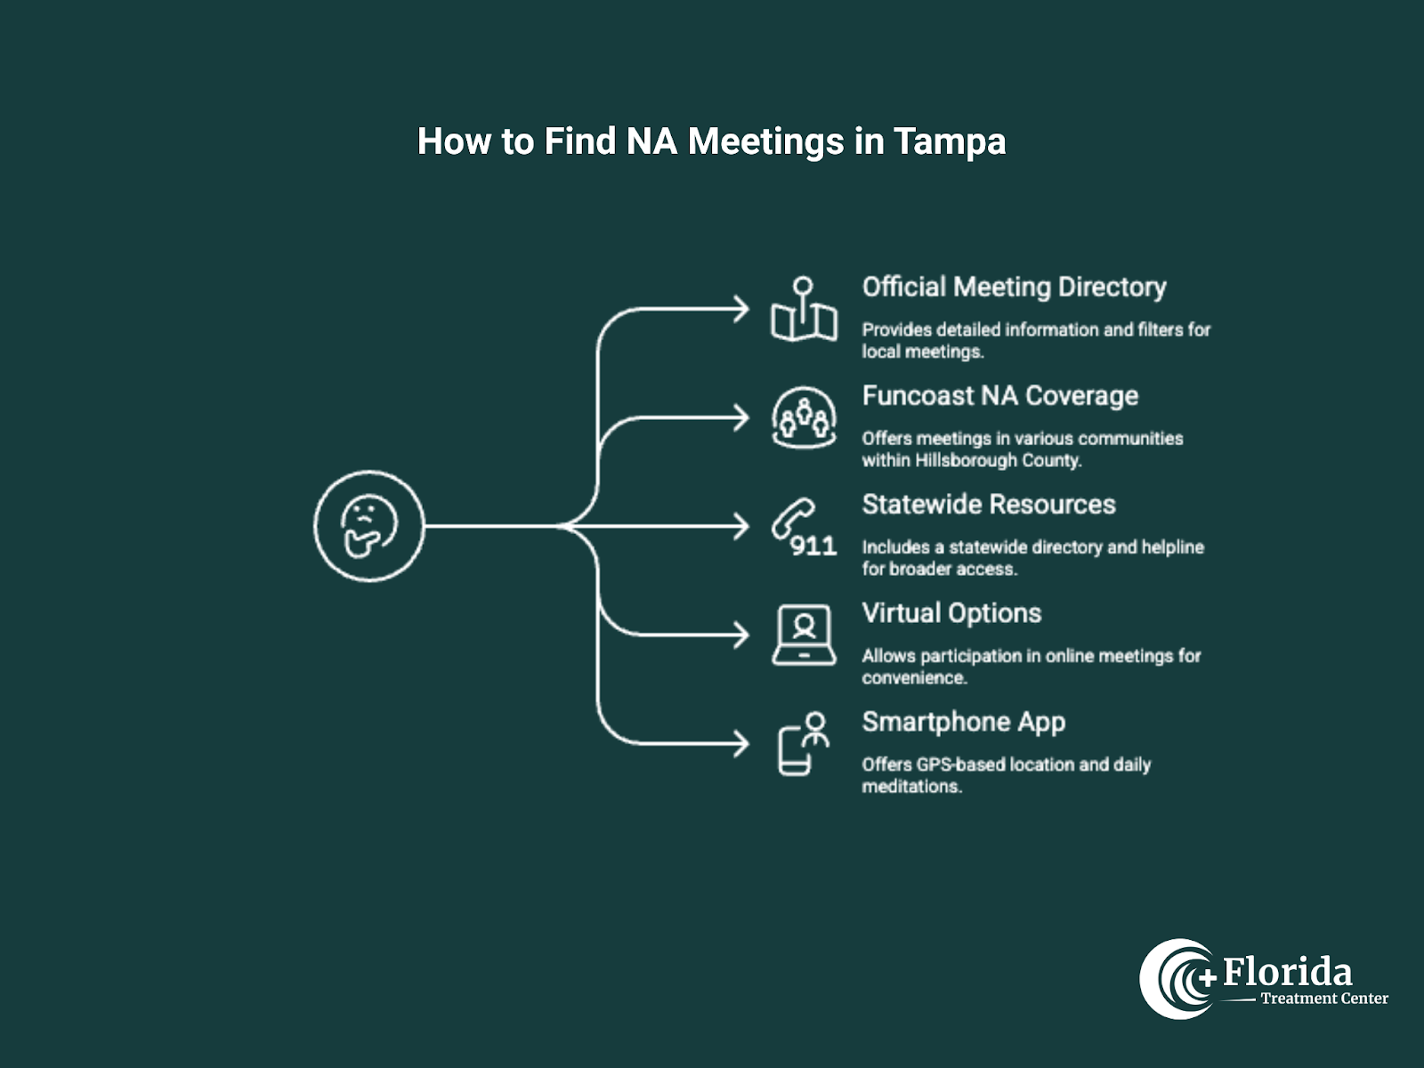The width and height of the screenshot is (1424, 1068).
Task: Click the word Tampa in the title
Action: (949, 142)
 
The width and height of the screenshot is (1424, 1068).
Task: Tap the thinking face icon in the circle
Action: (369, 527)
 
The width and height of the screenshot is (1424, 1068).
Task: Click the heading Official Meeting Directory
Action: (1014, 287)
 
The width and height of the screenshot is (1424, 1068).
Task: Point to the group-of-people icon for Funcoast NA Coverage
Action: (804, 417)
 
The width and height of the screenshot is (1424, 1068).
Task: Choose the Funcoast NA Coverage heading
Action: (999, 395)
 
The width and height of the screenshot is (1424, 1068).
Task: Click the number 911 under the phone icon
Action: (813, 546)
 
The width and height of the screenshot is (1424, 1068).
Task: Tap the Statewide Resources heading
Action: (988, 504)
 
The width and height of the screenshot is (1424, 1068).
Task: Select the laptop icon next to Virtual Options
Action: (804, 635)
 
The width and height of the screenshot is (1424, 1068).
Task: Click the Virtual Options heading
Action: (951, 613)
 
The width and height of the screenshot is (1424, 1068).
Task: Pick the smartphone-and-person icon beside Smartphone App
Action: (804, 743)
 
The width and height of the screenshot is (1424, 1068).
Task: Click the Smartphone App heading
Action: (963, 722)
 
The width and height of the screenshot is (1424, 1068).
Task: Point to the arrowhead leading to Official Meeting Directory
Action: (741, 309)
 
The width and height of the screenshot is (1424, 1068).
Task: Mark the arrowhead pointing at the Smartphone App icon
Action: (741, 743)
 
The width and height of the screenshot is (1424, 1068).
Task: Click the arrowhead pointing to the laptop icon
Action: (741, 635)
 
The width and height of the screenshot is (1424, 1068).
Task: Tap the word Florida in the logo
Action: (1287, 971)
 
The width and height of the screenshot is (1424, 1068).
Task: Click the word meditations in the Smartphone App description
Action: (911, 787)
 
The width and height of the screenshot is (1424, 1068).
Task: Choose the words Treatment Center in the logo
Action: (1323, 999)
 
